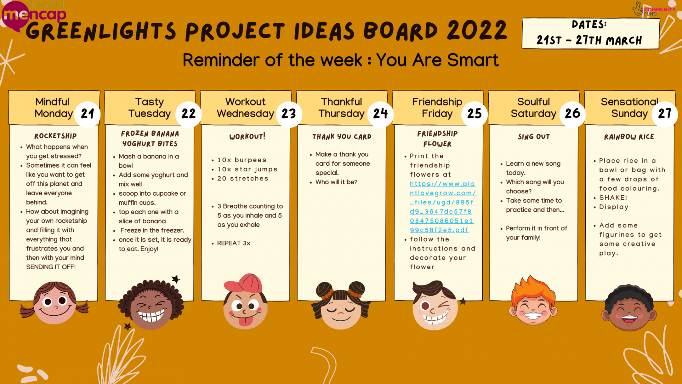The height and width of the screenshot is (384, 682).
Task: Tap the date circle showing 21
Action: coord(88,114)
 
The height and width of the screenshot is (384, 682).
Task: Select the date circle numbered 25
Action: coord(474,114)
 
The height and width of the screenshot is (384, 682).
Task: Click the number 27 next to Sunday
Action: coord(665,114)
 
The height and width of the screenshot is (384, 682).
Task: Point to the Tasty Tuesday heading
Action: coord(150,108)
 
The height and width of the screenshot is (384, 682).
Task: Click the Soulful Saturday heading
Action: coord(533,108)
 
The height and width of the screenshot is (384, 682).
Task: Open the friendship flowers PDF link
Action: coord(442,207)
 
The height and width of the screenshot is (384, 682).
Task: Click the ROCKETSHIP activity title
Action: coord(56,136)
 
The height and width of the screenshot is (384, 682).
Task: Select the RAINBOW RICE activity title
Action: coord(629,137)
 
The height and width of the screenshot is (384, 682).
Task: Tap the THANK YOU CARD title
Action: coord(342,137)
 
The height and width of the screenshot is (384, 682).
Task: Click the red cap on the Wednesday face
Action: coord(244,283)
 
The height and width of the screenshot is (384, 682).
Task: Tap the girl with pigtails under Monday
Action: coord(55,302)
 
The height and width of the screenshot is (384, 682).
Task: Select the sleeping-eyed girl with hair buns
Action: coord(341,305)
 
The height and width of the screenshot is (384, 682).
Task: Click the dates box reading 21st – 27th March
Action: coord(590,33)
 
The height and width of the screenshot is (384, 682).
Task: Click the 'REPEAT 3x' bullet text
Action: coord(234,243)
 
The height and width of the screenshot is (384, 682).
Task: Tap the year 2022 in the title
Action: coord(477,31)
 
